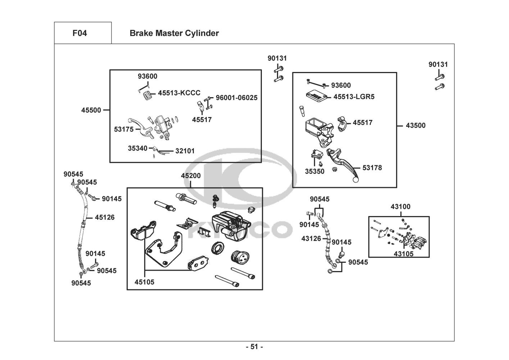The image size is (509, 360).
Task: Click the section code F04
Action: tap(79, 33)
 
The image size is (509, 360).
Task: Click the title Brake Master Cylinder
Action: tap(174, 33)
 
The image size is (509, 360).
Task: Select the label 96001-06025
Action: tap(236, 98)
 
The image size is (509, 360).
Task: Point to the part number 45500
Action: tap(91, 110)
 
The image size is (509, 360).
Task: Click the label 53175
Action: tap(124, 129)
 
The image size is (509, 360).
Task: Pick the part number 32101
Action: tap(185, 151)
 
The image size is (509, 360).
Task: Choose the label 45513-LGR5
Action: tap(354, 97)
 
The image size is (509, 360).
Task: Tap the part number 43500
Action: tap(415, 126)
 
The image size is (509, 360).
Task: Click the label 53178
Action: tap(372, 168)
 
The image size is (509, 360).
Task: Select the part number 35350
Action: tap(315, 172)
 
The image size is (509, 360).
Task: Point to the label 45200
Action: tap(191, 176)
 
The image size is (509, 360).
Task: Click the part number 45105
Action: tap(144, 282)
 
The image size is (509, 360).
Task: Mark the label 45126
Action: tap(105, 217)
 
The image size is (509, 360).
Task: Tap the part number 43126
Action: tap(311, 238)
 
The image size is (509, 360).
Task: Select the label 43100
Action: tap(400, 207)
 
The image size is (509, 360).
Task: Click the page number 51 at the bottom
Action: tap(254, 347)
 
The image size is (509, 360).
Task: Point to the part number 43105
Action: tap(403, 254)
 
